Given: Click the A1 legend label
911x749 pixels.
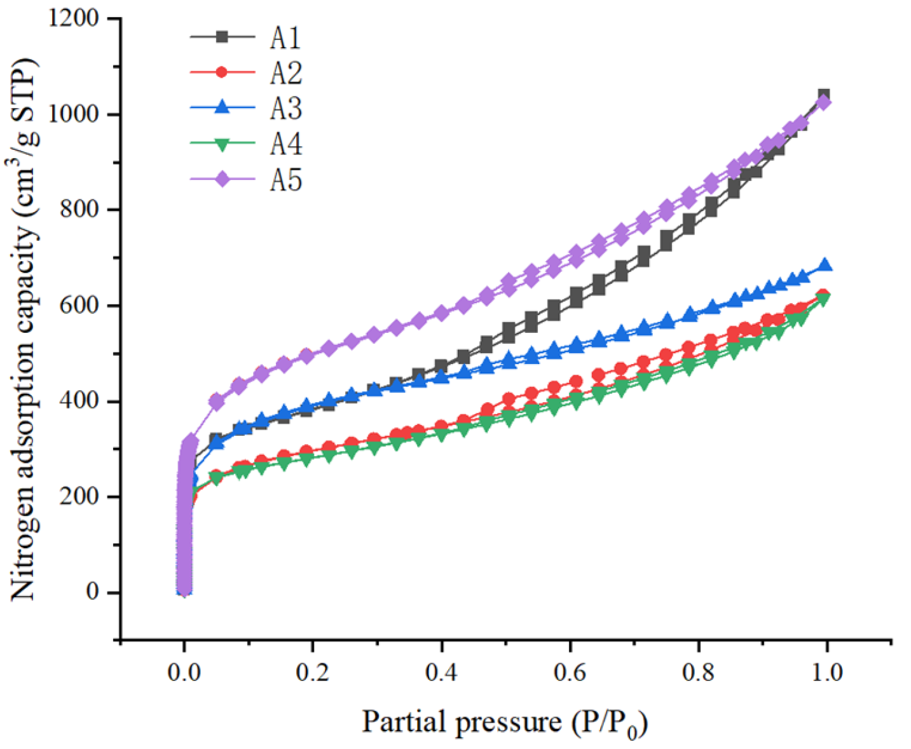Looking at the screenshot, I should coord(285,38).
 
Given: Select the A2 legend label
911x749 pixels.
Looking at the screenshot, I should coord(285,74).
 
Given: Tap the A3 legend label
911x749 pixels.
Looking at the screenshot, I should coord(285,109).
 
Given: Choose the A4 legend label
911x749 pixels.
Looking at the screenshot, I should coord(285,145).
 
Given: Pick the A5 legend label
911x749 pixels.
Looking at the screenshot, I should coord(285,180).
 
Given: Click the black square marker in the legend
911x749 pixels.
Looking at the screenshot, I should coord(222,37).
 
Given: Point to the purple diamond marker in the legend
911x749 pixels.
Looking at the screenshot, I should coord(222,180).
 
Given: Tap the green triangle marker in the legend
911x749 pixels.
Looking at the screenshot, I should coord(222,145).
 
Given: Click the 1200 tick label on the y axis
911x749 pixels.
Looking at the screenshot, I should coord(74,18).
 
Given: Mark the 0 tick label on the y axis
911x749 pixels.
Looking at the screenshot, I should coord(93,592).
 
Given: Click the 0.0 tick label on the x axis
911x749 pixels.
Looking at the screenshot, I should coord(184,671).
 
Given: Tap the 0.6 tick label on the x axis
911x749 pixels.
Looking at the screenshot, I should coord(570,671).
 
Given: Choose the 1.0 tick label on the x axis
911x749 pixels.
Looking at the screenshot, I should coord(827,671).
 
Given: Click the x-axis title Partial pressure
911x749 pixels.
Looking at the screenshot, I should coord(505,722).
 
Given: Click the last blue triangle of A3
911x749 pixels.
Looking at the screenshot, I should coord(825,265).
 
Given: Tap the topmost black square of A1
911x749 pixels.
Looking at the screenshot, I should coord(823,95).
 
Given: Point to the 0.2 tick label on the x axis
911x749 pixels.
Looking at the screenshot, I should coord(313,671).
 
